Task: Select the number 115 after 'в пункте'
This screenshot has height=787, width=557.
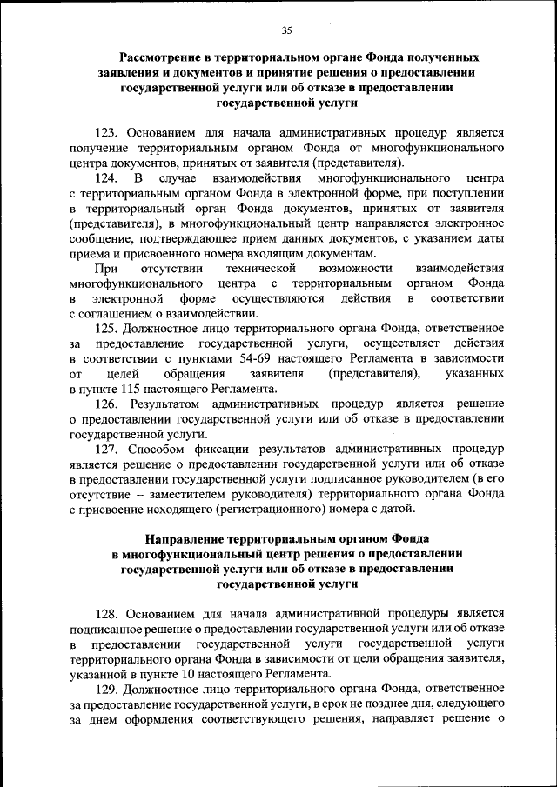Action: click(x=134, y=389)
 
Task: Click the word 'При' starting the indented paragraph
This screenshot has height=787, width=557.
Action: click(x=106, y=268)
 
